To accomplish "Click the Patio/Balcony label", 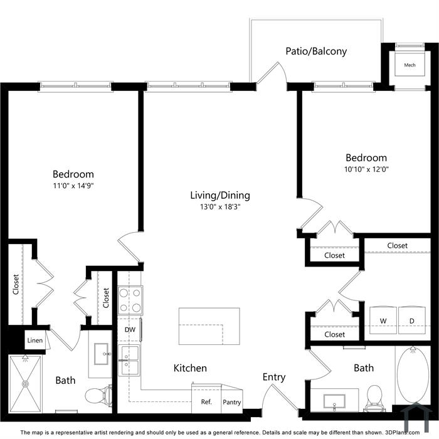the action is click(316, 51).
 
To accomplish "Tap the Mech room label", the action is click(410, 65).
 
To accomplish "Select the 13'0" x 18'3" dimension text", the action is click(220, 207).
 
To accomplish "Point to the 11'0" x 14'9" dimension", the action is click(73, 186).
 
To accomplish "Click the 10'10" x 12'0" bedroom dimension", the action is click(366, 169).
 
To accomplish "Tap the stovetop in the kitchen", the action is click(130, 300).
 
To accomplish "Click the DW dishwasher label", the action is click(130, 329).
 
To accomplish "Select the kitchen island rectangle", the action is click(209, 326).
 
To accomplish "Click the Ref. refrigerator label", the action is click(206, 402).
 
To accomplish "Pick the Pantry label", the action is click(232, 403).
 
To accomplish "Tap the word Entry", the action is click(274, 377).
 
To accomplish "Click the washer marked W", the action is click(383, 320).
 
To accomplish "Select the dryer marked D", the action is click(412, 320).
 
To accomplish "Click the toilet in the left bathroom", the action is click(98, 394).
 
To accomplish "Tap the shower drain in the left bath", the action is click(26, 384).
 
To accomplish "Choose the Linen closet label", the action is click(35, 341).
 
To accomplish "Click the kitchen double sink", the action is click(129, 361).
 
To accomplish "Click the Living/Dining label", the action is click(220, 195).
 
